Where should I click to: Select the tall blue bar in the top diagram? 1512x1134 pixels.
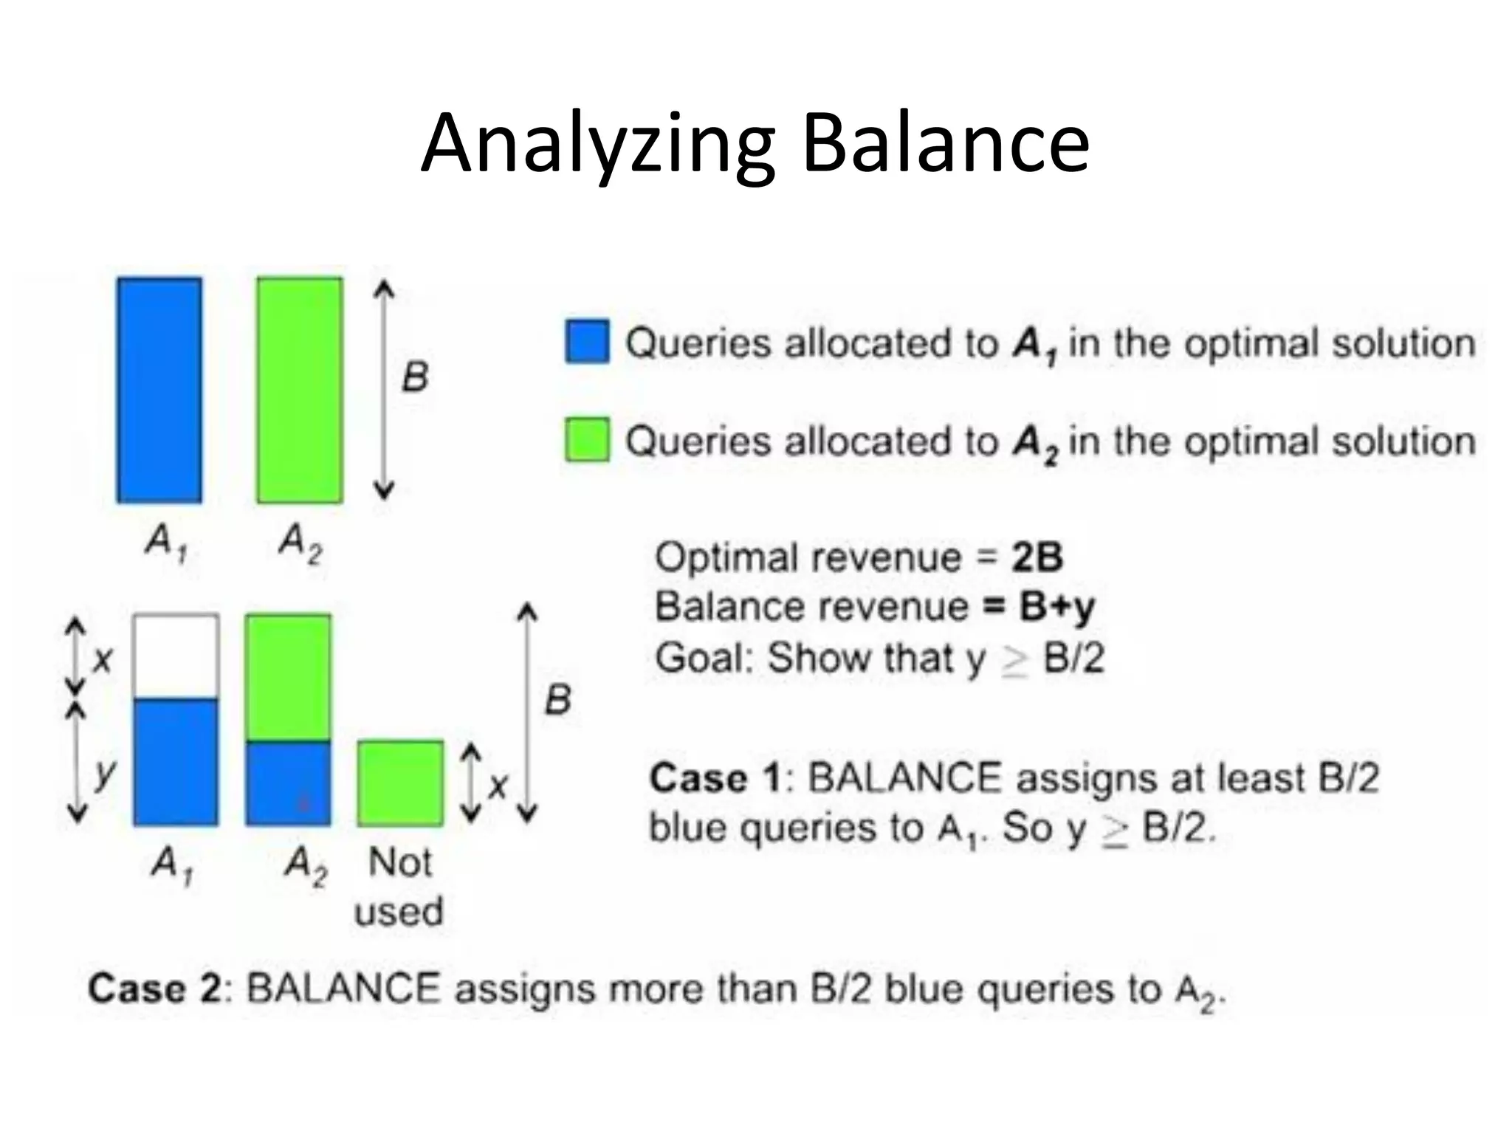point(159,390)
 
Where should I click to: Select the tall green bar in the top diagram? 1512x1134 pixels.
point(300,390)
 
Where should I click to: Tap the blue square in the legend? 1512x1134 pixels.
point(587,342)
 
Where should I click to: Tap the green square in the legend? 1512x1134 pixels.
point(587,439)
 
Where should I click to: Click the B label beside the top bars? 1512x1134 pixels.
point(415,377)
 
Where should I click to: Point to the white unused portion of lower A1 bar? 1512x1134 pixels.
point(176,656)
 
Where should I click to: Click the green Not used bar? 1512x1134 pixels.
point(401,783)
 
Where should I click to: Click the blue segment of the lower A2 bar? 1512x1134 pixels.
point(288,783)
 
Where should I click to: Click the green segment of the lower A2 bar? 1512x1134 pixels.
point(288,677)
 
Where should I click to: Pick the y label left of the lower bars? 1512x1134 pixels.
point(105,772)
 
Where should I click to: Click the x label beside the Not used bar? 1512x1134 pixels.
point(499,786)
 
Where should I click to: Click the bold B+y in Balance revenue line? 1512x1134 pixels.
point(1056,607)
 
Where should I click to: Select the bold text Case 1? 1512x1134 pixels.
point(715,778)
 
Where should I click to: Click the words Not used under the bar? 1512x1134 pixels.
point(399,886)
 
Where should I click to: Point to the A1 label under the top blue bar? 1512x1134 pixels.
point(165,543)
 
